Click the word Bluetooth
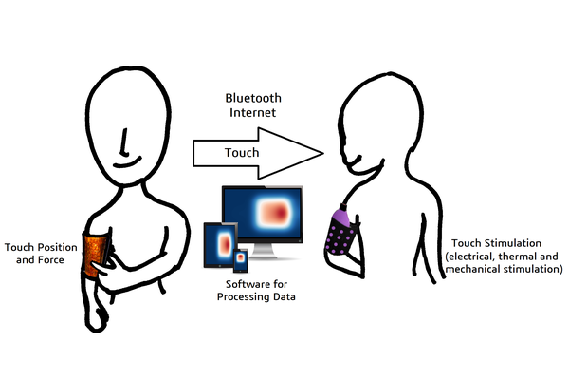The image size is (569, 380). [252, 98]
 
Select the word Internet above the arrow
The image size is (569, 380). [252, 115]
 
